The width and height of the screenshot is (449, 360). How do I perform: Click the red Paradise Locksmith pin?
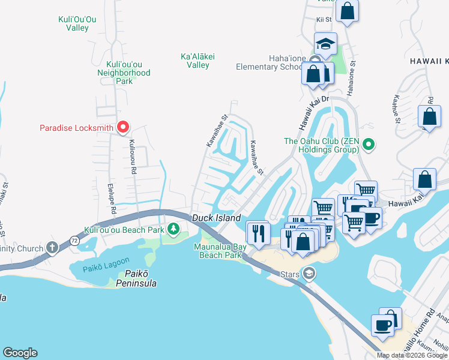[x=123, y=127]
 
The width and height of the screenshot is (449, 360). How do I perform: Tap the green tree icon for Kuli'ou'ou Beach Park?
[x=173, y=229]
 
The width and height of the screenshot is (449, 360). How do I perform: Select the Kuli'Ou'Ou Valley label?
[x=73, y=23]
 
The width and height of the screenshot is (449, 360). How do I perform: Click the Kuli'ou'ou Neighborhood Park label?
[x=124, y=73]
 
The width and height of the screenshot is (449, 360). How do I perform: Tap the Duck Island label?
[x=216, y=218]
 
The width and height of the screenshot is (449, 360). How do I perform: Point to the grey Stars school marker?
[x=309, y=274]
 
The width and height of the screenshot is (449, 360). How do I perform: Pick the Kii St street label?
[x=324, y=19]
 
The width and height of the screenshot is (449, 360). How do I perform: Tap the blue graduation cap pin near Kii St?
[x=325, y=44]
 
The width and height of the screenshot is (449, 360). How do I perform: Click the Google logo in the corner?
[x=20, y=353]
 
